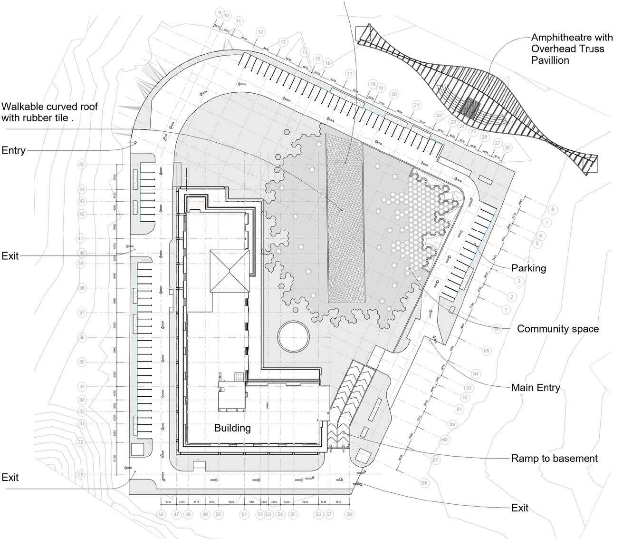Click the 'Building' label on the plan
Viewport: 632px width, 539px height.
click(x=232, y=428)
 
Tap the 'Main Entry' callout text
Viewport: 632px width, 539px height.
click(x=536, y=388)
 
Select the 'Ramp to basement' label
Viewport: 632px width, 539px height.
click(x=554, y=459)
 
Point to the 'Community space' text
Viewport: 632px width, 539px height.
click(x=557, y=329)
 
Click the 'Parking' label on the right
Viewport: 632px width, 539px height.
click(x=528, y=268)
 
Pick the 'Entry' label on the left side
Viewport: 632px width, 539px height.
click(x=13, y=150)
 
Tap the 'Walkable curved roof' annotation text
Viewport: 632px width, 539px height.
click(x=50, y=112)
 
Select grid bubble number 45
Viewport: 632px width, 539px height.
click(x=82, y=165)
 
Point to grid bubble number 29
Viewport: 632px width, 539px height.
click(x=80, y=475)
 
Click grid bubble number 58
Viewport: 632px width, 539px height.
click(x=350, y=514)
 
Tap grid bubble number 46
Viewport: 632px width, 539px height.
click(x=161, y=514)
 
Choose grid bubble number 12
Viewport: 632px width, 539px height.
click(x=260, y=32)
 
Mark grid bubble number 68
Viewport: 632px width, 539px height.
click(x=424, y=483)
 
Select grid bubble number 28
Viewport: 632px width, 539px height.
click(x=508, y=148)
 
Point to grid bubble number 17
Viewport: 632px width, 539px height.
click(x=350, y=74)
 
